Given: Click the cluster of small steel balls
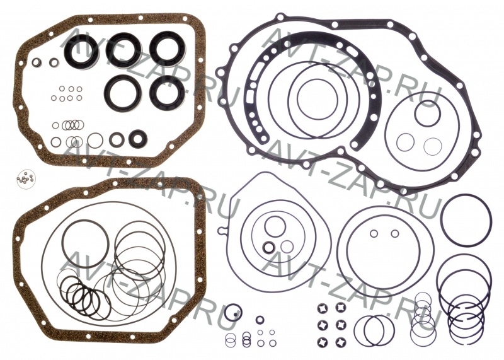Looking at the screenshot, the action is pos(26,177).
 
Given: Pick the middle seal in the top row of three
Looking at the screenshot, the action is pos(123,50).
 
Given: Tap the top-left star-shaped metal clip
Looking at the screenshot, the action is pos(322,308).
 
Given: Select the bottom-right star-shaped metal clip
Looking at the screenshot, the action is pos(340,341).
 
